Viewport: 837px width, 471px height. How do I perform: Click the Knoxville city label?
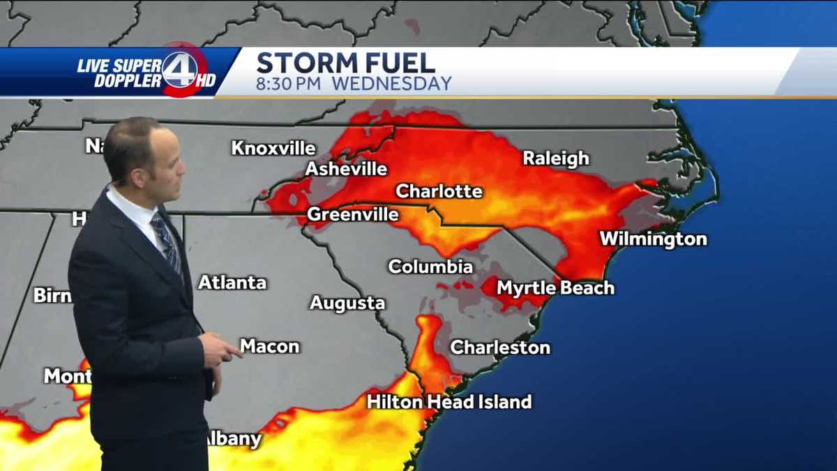point(273,149)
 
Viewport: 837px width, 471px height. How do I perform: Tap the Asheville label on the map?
point(346,169)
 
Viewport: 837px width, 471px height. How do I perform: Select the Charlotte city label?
point(439,191)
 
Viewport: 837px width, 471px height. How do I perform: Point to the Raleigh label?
point(556,158)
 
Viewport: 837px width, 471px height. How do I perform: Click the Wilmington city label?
point(653,239)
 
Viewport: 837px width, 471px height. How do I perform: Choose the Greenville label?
point(353,214)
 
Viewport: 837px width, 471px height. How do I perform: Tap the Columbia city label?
point(430,267)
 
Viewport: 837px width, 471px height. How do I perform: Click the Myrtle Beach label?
point(555,287)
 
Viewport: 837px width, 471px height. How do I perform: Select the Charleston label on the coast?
point(500,347)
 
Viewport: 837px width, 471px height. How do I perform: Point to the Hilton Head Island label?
point(449,402)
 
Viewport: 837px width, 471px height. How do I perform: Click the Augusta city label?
point(347,304)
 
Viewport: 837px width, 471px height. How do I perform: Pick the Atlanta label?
point(232,283)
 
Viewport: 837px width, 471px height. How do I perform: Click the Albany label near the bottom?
point(234,440)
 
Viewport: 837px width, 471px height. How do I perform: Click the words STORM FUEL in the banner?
point(346,63)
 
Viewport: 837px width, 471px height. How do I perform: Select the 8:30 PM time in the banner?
point(289,84)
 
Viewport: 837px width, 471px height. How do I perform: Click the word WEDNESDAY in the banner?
point(391,84)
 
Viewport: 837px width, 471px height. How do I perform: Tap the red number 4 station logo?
point(180,69)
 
